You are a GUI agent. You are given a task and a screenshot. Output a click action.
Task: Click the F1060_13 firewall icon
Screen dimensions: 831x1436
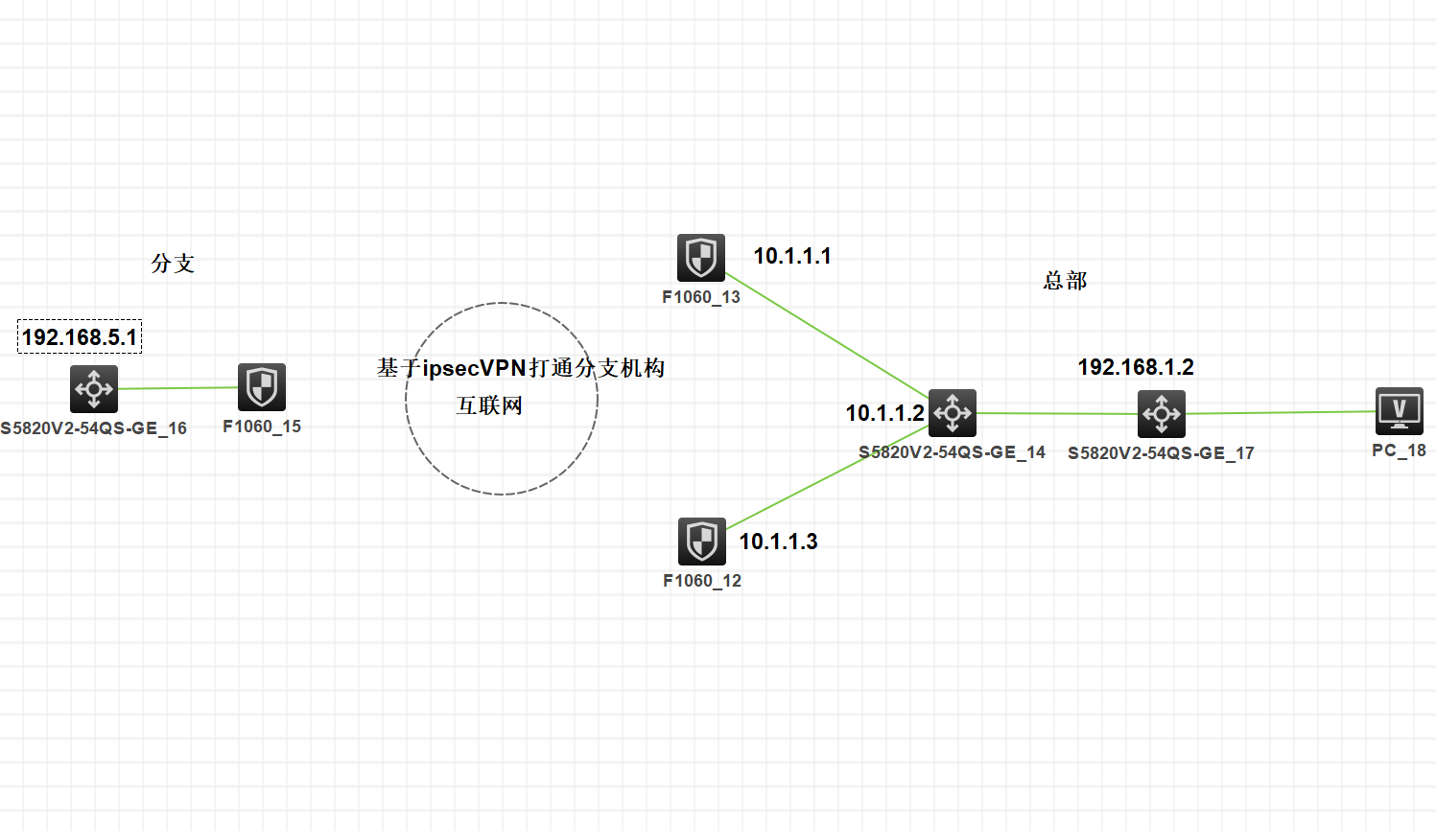point(701,258)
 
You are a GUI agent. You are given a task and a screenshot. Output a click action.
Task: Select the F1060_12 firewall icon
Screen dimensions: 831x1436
point(702,542)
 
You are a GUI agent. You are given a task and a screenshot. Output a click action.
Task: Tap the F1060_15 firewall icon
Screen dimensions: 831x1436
point(262,387)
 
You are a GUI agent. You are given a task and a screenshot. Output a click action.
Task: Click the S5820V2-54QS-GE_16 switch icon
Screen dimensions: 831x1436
point(94,389)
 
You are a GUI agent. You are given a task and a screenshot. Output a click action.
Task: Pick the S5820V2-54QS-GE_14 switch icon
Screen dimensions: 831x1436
point(953,413)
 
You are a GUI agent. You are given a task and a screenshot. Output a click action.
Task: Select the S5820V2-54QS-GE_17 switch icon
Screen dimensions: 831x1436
point(1162,414)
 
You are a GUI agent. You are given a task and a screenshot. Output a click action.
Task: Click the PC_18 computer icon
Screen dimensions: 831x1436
point(1399,411)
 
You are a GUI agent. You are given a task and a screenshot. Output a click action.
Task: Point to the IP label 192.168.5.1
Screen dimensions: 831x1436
point(80,337)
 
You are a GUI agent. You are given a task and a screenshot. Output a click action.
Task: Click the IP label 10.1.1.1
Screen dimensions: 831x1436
point(792,256)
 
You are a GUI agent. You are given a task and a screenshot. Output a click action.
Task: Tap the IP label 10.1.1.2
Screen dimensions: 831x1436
point(884,413)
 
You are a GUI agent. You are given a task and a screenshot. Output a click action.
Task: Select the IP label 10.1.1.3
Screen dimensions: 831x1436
point(778,542)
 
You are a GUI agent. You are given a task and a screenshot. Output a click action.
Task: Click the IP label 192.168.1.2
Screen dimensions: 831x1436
point(1136,367)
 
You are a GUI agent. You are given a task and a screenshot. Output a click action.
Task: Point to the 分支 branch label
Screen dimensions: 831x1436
point(173,264)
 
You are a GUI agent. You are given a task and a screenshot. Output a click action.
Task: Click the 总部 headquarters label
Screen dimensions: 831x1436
point(1065,281)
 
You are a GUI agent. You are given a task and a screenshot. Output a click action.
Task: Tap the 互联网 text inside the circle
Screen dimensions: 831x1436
point(489,405)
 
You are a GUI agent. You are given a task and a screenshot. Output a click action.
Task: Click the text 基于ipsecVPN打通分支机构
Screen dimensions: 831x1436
point(521,368)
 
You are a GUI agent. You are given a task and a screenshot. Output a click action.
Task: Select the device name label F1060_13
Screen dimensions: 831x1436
point(701,297)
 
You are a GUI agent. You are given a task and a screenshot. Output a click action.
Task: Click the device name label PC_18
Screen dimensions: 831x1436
point(1399,450)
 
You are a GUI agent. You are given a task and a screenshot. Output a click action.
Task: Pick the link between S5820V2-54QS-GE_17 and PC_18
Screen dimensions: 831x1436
point(1281,413)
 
